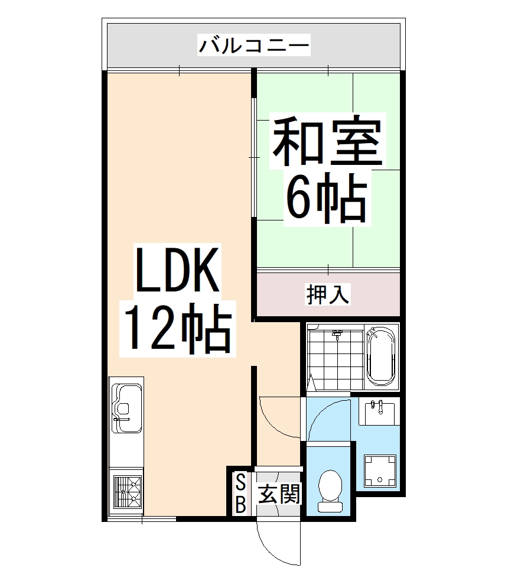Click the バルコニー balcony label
point(254,46)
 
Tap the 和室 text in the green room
point(327,141)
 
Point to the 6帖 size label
point(327,199)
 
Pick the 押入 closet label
point(328,294)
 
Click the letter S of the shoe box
point(241,483)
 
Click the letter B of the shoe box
point(241,504)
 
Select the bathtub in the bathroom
point(381,356)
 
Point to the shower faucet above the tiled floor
point(338,335)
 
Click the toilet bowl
point(329,486)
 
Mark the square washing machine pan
point(380,471)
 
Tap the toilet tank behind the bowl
point(329,506)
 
